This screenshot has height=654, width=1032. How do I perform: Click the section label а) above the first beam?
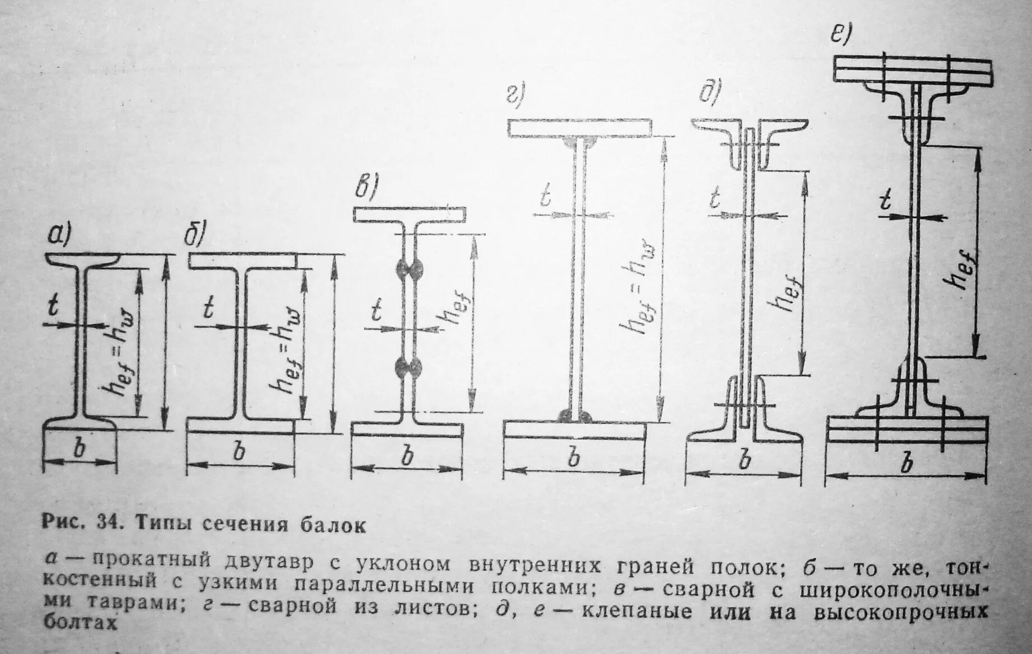(x=58, y=237)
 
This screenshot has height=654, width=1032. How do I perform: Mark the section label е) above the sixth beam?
(x=840, y=35)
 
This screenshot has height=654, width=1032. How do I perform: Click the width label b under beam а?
(x=80, y=449)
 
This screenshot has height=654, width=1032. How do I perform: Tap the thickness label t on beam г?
(x=544, y=197)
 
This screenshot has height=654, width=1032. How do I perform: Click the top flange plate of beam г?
(x=580, y=128)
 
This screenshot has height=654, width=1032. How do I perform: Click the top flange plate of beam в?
(x=409, y=214)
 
